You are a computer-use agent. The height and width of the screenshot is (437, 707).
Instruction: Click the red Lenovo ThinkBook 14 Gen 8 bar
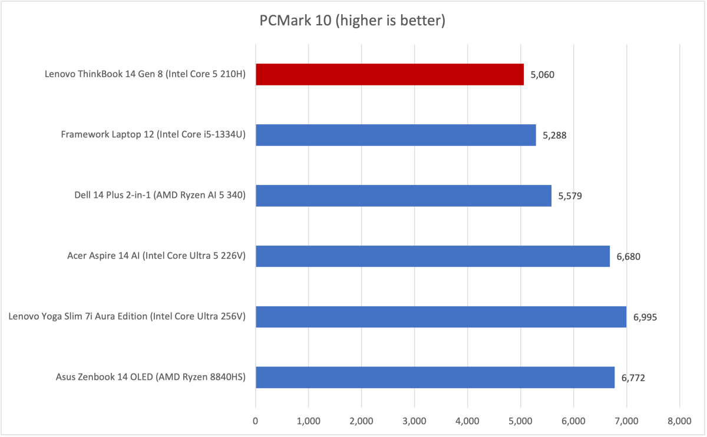point(389,75)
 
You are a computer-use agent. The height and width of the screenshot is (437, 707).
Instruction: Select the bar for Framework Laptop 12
point(395,135)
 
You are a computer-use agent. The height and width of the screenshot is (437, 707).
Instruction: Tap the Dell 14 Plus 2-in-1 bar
point(403,196)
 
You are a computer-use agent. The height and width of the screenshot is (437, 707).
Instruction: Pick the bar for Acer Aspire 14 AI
point(432,256)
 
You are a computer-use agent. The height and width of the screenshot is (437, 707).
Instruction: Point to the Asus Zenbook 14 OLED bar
point(435,378)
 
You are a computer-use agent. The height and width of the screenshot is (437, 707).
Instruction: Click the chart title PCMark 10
point(352,22)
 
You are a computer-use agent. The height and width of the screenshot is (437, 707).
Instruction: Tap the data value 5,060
point(543,75)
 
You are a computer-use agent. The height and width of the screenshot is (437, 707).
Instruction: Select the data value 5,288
point(555,135)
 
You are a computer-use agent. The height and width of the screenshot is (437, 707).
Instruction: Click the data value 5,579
point(570,196)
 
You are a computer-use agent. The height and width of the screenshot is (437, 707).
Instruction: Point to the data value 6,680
point(629,257)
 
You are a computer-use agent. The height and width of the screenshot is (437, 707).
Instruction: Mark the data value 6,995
point(645,317)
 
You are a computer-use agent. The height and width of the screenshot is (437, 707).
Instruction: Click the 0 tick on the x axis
point(256,421)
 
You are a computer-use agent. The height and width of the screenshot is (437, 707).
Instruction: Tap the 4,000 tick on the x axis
point(467,421)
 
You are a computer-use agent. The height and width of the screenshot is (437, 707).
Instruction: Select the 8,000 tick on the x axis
point(679,421)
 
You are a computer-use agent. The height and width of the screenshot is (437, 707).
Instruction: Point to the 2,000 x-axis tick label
point(361,421)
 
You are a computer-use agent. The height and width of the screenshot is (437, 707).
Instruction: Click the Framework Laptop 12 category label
point(153,135)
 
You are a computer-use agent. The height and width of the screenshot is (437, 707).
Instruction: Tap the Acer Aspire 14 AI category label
point(156,257)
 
